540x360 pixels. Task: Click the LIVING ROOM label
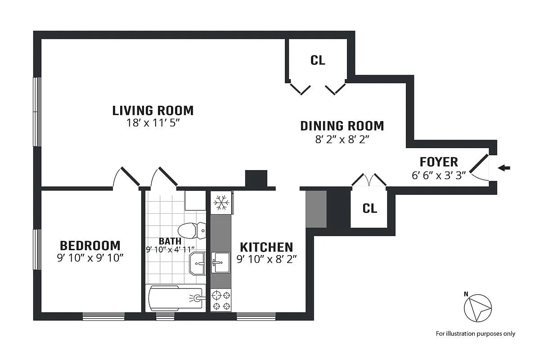point(153,111)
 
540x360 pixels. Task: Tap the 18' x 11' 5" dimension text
point(153,123)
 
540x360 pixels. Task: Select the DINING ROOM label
point(342,126)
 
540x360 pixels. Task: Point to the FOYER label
point(439,162)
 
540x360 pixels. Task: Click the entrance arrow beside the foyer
point(504,168)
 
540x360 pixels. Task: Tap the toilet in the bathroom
point(192,230)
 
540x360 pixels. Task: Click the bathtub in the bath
point(175,298)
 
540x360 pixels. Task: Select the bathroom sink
point(198,263)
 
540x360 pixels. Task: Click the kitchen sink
point(220,263)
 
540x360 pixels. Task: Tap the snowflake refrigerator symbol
point(221,202)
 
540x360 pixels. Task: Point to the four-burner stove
point(221,300)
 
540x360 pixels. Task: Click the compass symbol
point(478,308)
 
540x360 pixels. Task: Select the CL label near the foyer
point(370,208)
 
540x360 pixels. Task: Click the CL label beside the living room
point(318,60)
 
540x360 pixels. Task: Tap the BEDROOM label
point(90,246)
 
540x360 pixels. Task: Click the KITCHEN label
point(266,247)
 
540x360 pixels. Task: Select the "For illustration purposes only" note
point(475,334)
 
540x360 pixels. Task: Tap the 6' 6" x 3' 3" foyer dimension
point(439,175)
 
